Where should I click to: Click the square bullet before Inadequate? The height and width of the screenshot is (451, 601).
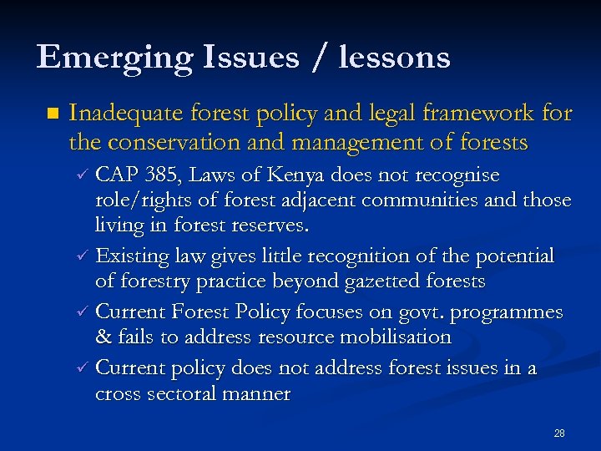click(x=53, y=113)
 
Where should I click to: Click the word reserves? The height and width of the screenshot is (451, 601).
click(x=267, y=225)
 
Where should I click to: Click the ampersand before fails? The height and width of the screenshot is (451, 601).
click(x=104, y=337)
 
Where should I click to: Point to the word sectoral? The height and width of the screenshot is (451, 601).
click(x=184, y=393)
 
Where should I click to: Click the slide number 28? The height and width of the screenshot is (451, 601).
click(x=559, y=433)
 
